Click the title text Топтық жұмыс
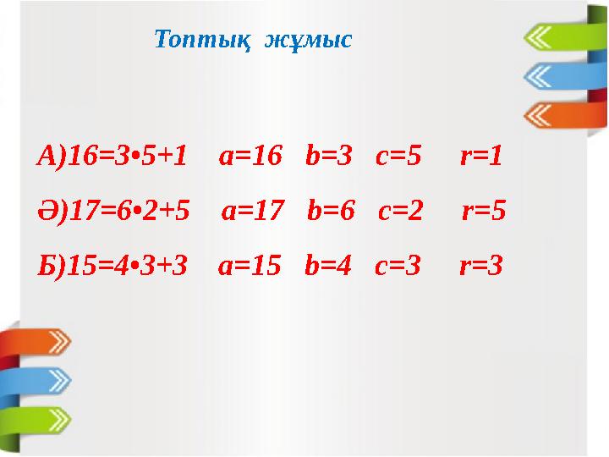point(254,40)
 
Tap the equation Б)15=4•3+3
point(112,266)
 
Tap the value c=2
point(401,211)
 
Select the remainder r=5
point(484,211)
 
